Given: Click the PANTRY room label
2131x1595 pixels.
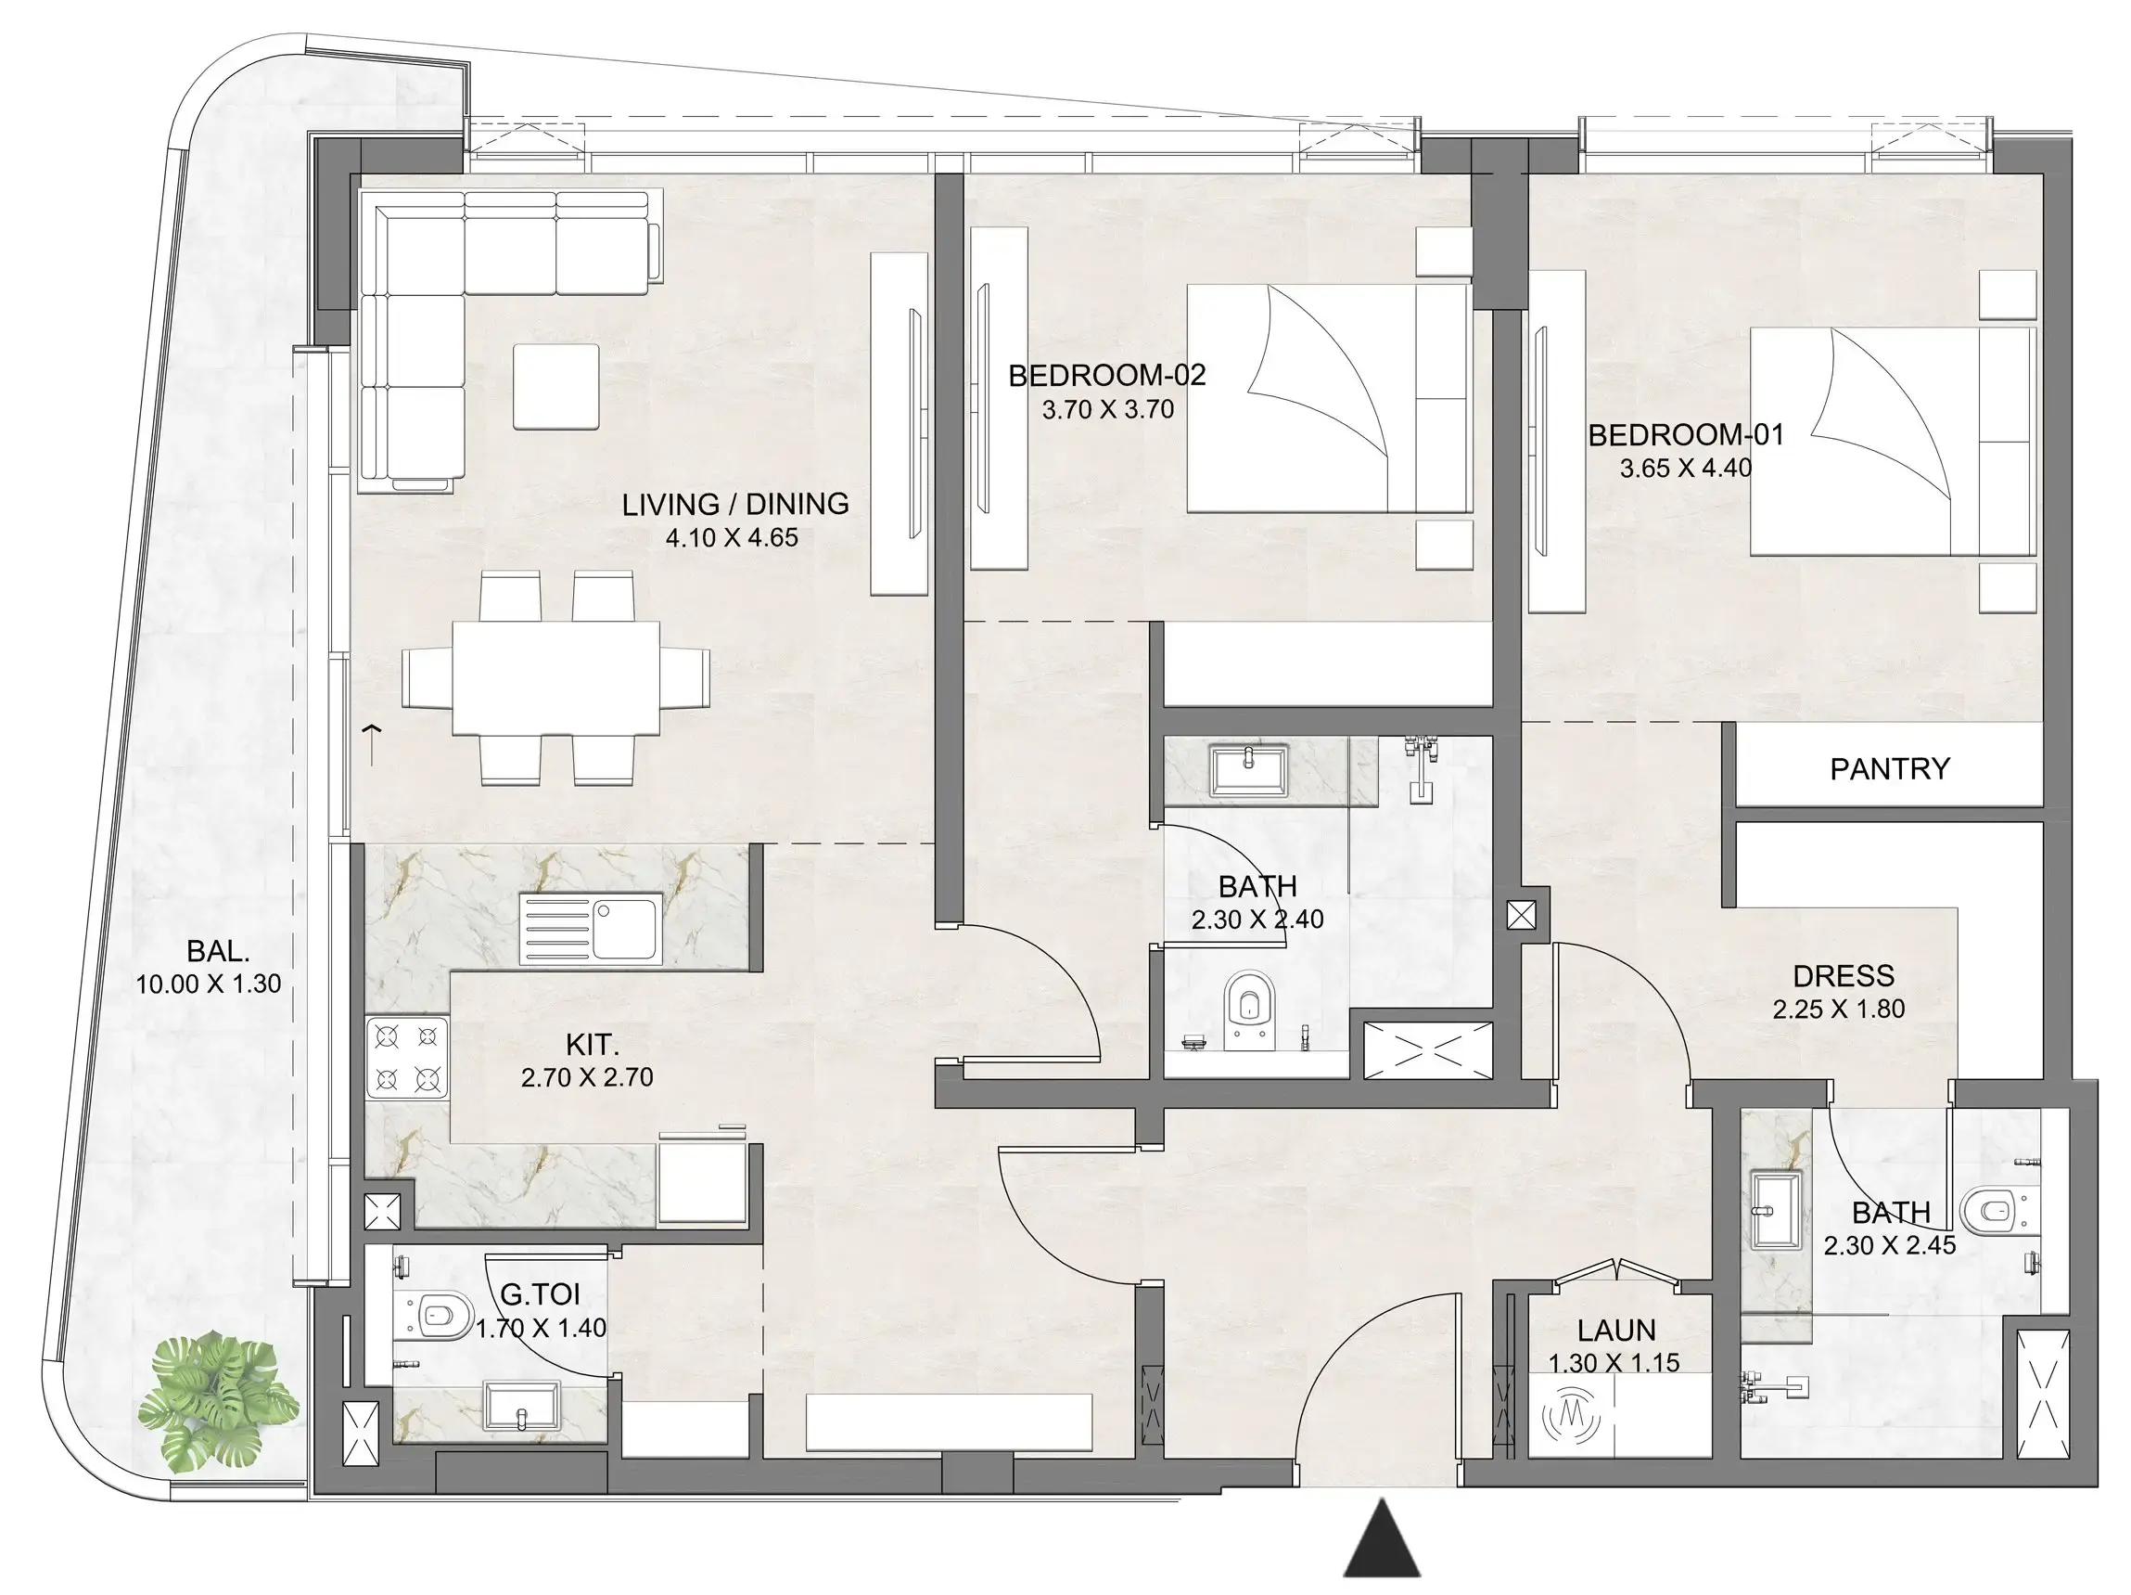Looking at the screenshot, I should click(1888, 768).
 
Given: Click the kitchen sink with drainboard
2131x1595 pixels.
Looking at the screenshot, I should click(591, 928).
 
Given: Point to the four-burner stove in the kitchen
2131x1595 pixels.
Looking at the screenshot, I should click(406, 1057).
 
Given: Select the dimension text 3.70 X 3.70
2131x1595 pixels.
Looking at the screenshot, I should click(1107, 409).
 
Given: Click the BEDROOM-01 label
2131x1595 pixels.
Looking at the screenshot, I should click(1685, 434).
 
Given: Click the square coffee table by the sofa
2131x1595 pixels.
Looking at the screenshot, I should click(555, 387).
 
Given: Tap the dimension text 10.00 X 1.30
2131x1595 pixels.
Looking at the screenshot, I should click(208, 984).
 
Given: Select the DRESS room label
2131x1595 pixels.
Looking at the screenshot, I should click(1843, 975).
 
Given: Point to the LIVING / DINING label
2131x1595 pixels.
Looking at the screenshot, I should click(734, 504).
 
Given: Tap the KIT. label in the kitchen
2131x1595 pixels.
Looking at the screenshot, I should click(592, 1044).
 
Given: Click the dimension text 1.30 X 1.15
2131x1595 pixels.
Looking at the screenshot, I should click(1614, 1363).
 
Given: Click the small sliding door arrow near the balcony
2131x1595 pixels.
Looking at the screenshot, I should click(372, 742).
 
